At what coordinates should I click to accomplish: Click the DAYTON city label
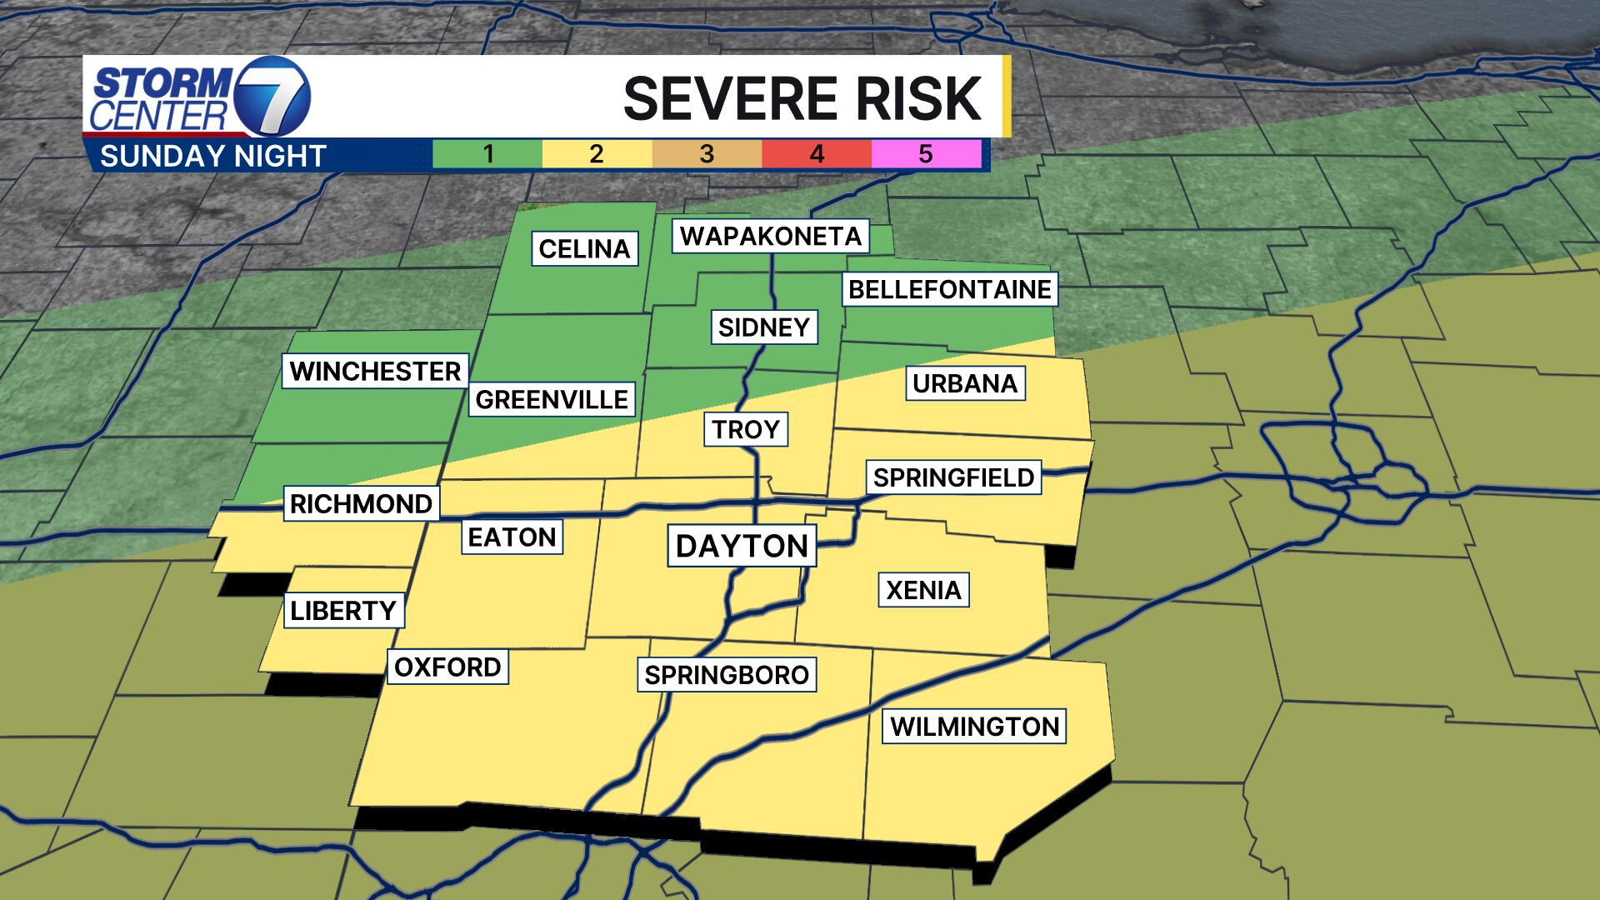click(x=742, y=546)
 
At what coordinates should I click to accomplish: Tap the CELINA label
click(x=584, y=248)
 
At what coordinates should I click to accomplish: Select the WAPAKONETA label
click(x=771, y=236)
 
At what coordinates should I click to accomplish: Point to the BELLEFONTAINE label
click(x=950, y=289)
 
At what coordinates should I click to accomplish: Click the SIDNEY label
click(x=764, y=327)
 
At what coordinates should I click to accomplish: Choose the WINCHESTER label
click(x=375, y=371)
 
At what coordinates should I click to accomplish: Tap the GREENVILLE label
click(x=552, y=399)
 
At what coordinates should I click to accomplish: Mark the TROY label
click(x=746, y=429)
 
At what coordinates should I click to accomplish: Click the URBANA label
click(x=965, y=383)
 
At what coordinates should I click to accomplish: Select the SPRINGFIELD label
click(x=953, y=477)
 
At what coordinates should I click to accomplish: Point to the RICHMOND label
click(x=361, y=503)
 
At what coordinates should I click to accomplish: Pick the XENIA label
click(x=923, y=590)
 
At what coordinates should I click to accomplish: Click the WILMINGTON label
click(x=974, y=726)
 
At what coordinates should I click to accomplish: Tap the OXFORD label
click(x=447, y=667)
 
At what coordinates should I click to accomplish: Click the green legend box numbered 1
click(x=487, y=154)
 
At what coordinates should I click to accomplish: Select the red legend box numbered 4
click(x=817, y=154)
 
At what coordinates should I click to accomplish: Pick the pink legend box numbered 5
click(x=926, y=154)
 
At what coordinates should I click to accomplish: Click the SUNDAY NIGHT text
click(x=212, y=156)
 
